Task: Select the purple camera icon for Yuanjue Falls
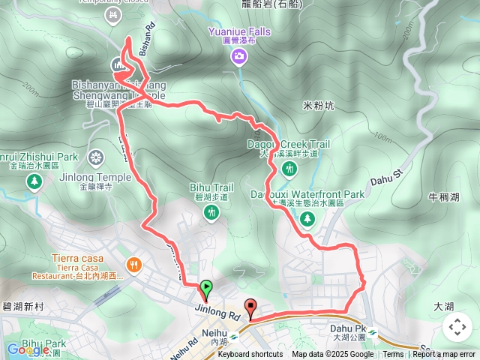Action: pyautogui.click(x=238, y=57)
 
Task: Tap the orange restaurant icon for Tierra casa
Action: pyautogui.click(x=134, y=264)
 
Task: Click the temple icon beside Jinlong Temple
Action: pyautogui.click(x=95, y=157)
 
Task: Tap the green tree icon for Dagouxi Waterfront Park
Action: pyautogui.click(x=307, y=218)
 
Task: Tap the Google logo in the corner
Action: pyautogui.click(x=28, y=350)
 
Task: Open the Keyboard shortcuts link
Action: pyautogui.click(x=250, y=355)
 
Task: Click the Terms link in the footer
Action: pyautogui.click(x=393, y=355)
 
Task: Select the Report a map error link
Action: pyautogui.click(x=443, y=355)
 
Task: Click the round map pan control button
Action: pyautogui.click(x=457, y=327)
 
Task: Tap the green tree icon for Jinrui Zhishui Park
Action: pyautogui.click(x=34, y=182)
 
